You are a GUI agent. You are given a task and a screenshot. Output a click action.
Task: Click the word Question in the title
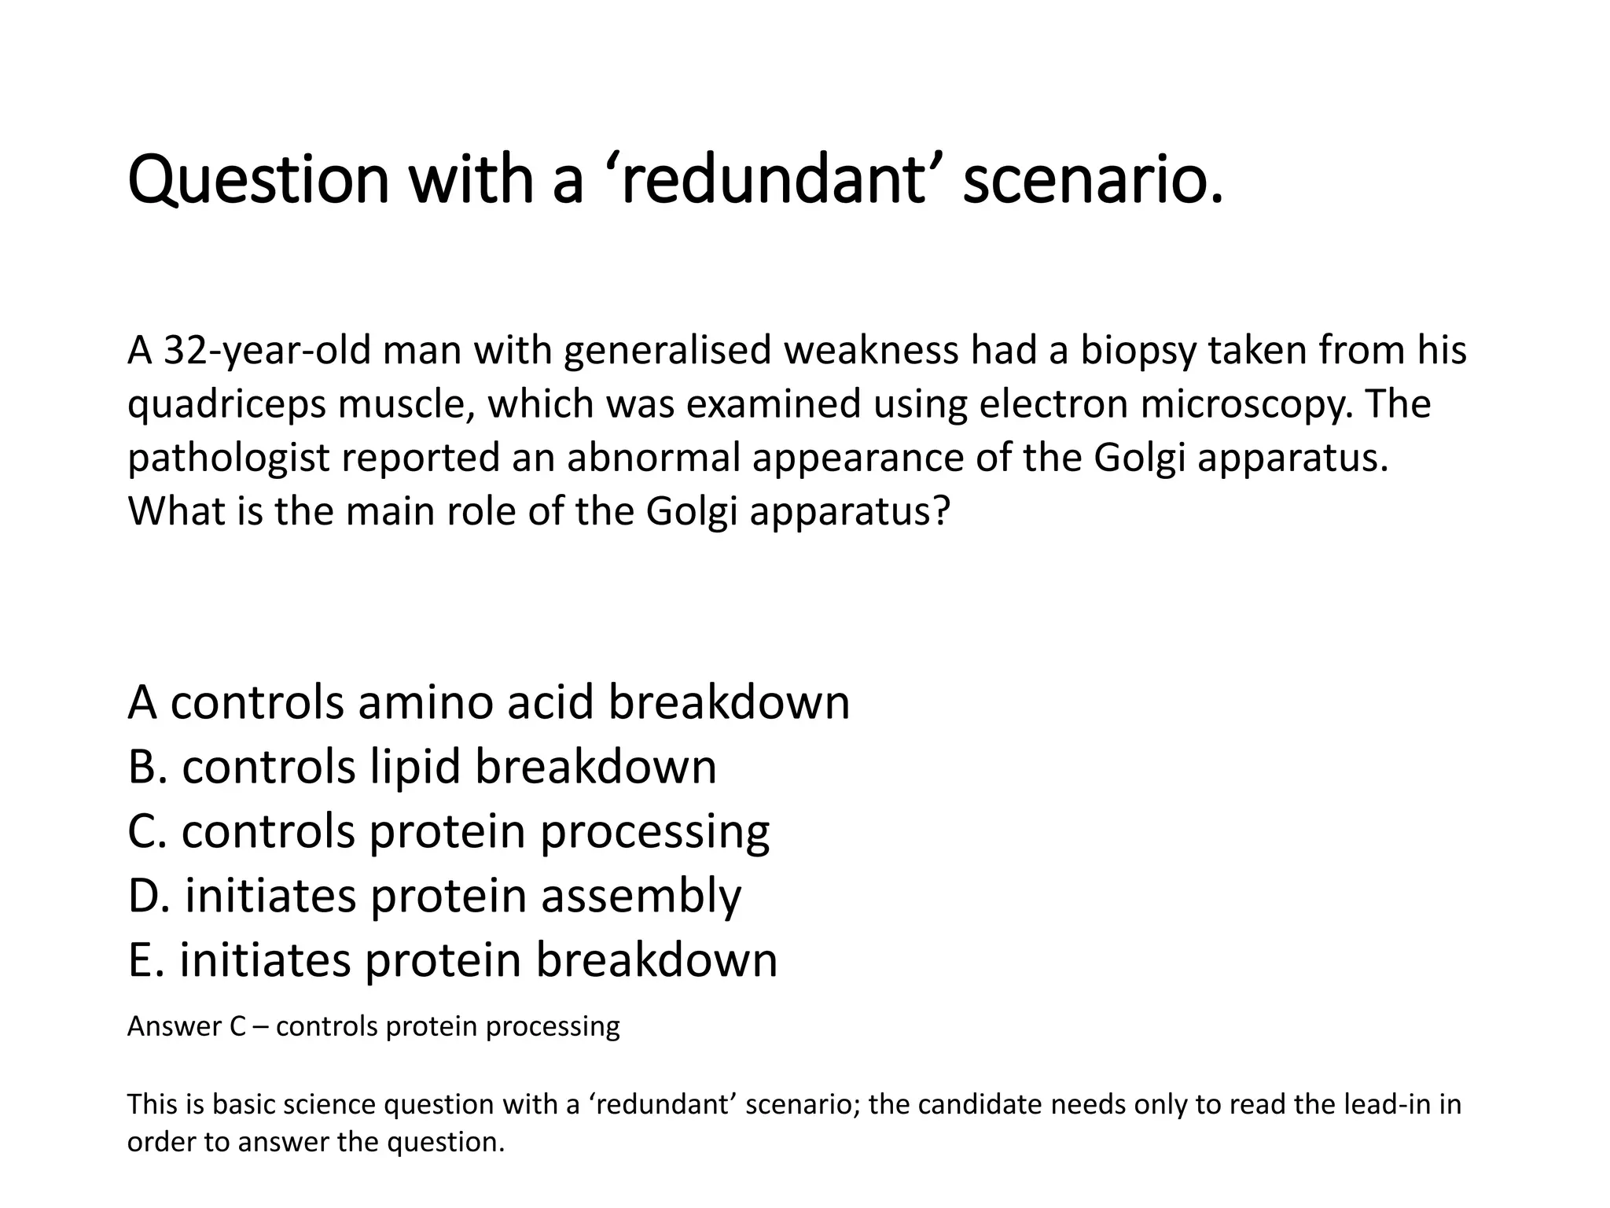[258, 181]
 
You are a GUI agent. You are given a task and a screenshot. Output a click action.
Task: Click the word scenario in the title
[1093, 181]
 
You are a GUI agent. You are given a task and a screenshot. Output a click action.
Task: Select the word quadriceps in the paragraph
[227, 404]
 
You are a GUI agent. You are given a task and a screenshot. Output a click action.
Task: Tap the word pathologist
[228, 458]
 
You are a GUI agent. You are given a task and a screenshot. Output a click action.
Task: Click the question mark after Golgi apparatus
[943, 511]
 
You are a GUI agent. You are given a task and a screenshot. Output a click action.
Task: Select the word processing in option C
[655, 831]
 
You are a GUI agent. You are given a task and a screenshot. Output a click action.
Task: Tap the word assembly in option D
[640, 896]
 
